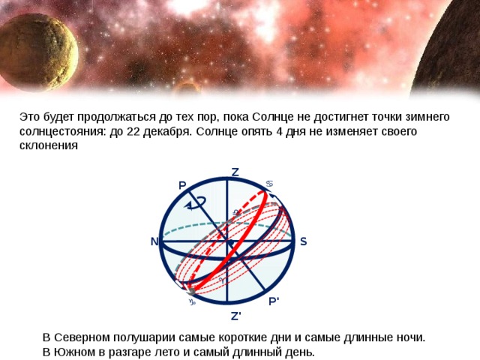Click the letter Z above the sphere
pyautogui.click(x=235, y=172)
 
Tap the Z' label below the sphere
pyautogui.click(x=235, y=316)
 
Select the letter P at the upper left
pyautogui.click(x=182, y=185)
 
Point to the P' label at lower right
pyautogui.click(x=274, y=301)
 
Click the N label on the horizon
pyautogui.click(x=154, y=241)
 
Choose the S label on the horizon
pyautogui.click(x=303, y=241)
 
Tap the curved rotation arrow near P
pyautogui.click(x=197, y=201)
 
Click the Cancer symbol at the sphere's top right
pyautogui.click(x=269, y=184)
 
